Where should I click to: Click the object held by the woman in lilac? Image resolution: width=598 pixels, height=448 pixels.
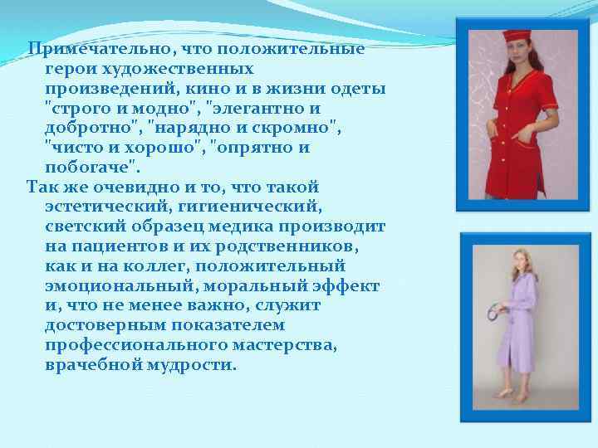(497, 311)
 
